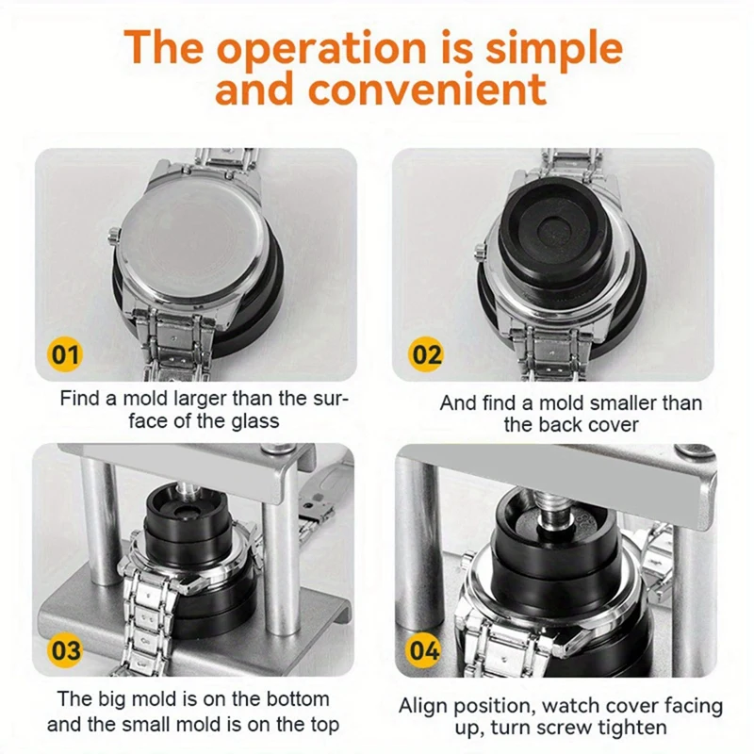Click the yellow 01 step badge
(65, 355)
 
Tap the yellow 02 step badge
(427, 355)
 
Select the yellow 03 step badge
(65, 650)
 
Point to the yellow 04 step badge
(424, 650)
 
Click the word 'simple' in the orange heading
(554, 49)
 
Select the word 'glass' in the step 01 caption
(254, 421)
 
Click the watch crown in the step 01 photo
(113, 235)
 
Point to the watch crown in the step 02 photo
(480, 251)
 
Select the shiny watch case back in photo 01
(190, 239)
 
